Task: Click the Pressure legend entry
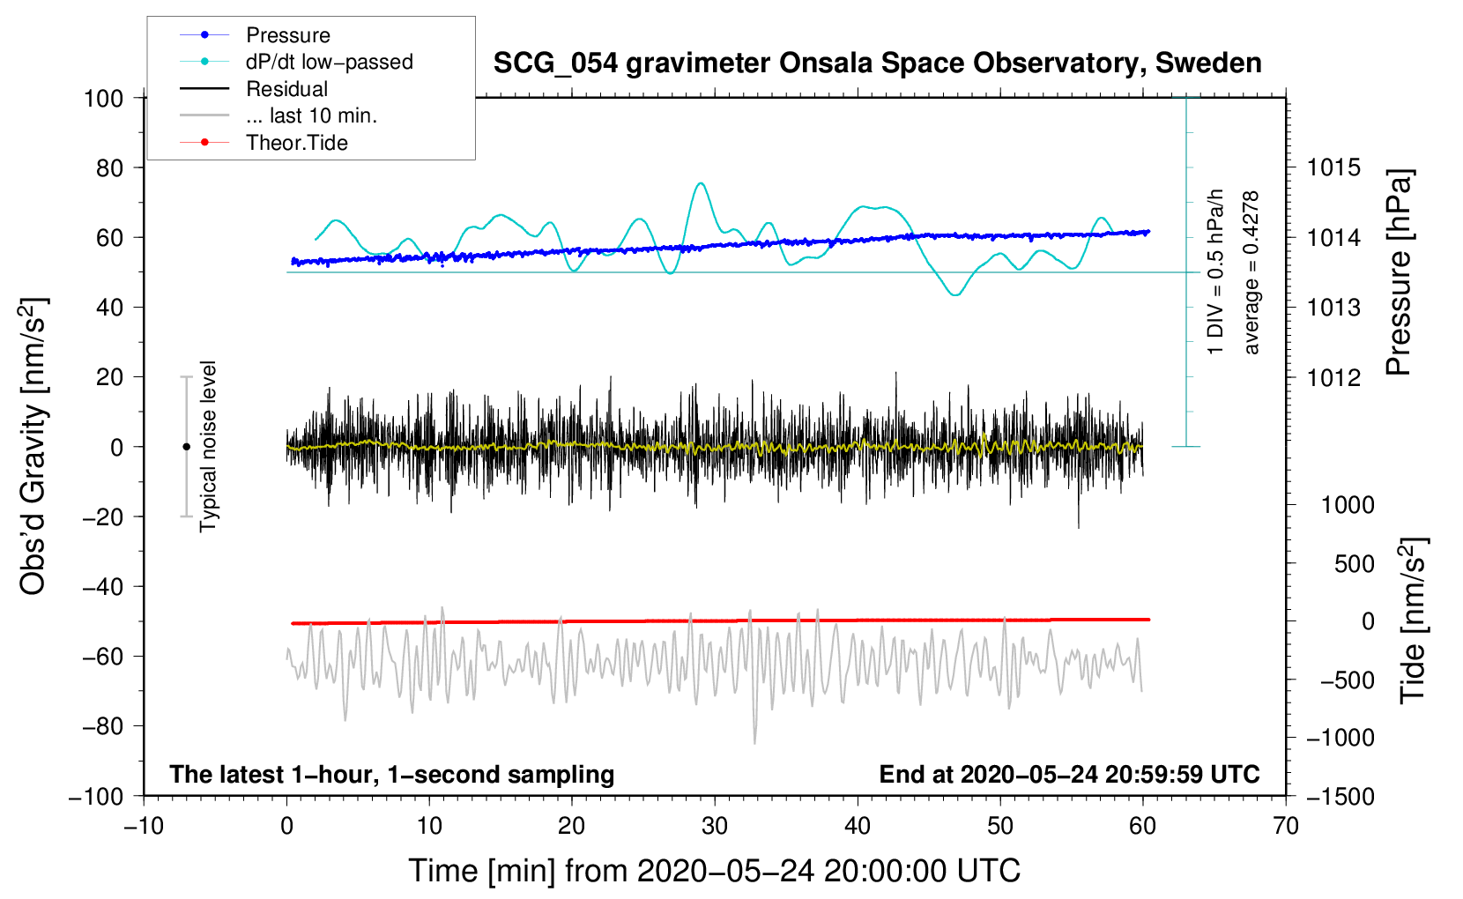[255, 34]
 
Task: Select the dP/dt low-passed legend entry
[296, 62]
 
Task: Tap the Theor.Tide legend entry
[264, 143]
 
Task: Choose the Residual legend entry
[254, 89]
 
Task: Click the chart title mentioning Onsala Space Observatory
[877, 63]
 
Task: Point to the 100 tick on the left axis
[104, 99]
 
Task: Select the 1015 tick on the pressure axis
[1333, 168]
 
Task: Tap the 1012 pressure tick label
[1333, 377]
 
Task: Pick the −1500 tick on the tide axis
[1340, 797]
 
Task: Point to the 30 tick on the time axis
[715, 827]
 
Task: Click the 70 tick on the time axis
[1286, 827]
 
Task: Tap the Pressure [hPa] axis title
[1399, 272]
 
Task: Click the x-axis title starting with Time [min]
[715, 871]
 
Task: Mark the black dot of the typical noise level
[186, 447]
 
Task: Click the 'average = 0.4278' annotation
[1250, 273]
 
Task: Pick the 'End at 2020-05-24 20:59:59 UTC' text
[1069, 774]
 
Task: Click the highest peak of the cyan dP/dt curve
[701, 183]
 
